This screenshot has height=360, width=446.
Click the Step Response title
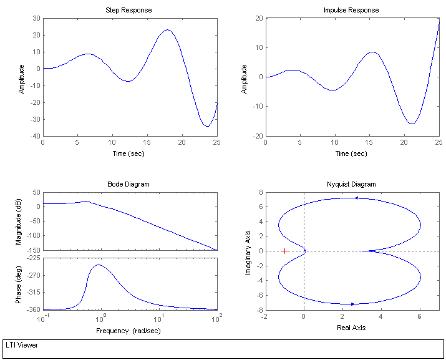click(x=130, y=10)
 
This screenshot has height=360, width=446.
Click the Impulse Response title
click(x=351, y=10)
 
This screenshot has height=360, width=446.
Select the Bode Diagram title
click(x=129, y=184)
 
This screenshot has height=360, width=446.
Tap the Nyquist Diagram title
click(x=351, y=184)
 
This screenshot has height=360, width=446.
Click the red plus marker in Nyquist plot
click(x=284, y=251)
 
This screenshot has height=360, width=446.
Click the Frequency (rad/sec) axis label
click(x=129, y=330)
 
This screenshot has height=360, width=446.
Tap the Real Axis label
click(x=351, y=328)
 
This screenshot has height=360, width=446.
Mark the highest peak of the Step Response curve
click(x=167, y=29)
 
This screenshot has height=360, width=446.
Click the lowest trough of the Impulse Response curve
click(x=412, y=124)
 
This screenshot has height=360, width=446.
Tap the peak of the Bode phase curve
click(x=98, y=265)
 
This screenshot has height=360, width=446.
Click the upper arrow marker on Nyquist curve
click(x=357, y=198)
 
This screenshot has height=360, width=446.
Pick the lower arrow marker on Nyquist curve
click(x=352, y=304)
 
